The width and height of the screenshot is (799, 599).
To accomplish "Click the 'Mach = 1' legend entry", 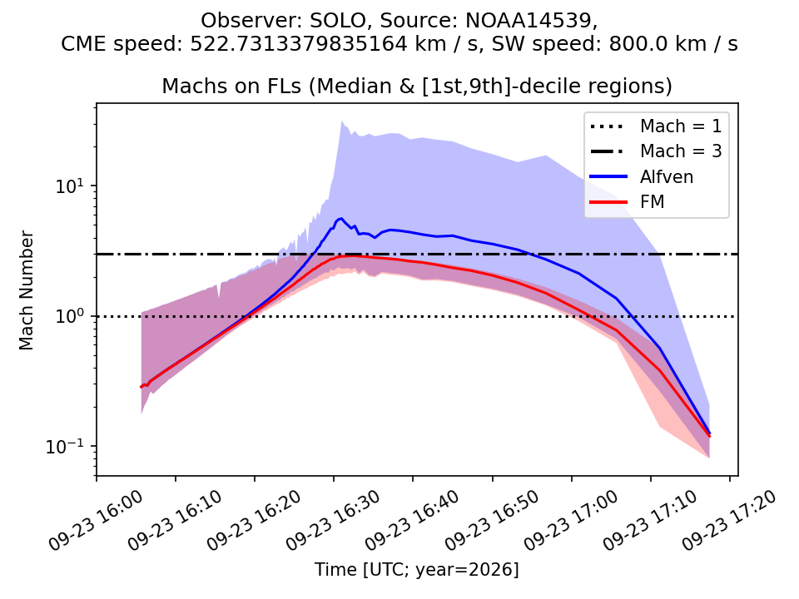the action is pos(657,126).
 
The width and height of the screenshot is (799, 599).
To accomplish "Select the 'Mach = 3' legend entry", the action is pos(657,151).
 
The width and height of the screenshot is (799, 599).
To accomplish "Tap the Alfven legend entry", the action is pos(642,176).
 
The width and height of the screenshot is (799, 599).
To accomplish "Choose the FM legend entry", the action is pos(628,202).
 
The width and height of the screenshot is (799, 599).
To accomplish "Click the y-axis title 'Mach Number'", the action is pos(26,290).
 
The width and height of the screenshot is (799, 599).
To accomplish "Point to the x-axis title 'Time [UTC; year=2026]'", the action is pos(417,569).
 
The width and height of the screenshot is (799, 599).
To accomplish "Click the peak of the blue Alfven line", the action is pos(341,218).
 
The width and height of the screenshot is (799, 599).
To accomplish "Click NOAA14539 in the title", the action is pos(529,21).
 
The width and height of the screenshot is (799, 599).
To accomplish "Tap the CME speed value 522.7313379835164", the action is pos(299,44).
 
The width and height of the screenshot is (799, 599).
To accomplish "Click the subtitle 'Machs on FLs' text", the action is pos(232,86).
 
